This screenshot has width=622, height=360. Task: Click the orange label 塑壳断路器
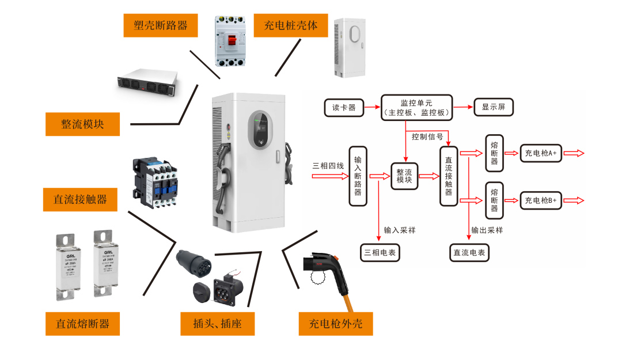click(x=160, y=26)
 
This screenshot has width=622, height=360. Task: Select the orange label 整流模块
click(x=82, y=124)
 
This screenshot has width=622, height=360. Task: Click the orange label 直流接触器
click(x=80, y=199)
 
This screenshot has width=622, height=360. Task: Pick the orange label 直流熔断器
click(x=82, y=324)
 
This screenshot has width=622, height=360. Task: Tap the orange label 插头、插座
click(x=217, y=324)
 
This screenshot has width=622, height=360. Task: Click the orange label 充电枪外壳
click(x=336, y=324)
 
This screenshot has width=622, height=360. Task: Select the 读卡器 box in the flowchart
click(x=344, y=107)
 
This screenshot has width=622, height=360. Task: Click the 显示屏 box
click(x=493, y=107)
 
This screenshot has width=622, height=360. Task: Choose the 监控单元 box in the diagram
click(x=417, y=107)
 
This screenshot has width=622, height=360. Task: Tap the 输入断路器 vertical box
click(x=358, y=176)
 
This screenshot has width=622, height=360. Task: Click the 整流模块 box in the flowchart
click(x=405, y=176)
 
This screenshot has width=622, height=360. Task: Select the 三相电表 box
click(x=380, y=252)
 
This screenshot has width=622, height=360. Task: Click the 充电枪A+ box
click(x=541, y=153)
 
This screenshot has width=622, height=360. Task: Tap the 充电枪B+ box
click(x=541, y=200)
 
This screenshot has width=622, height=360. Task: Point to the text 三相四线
click(x=328, y=166)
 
